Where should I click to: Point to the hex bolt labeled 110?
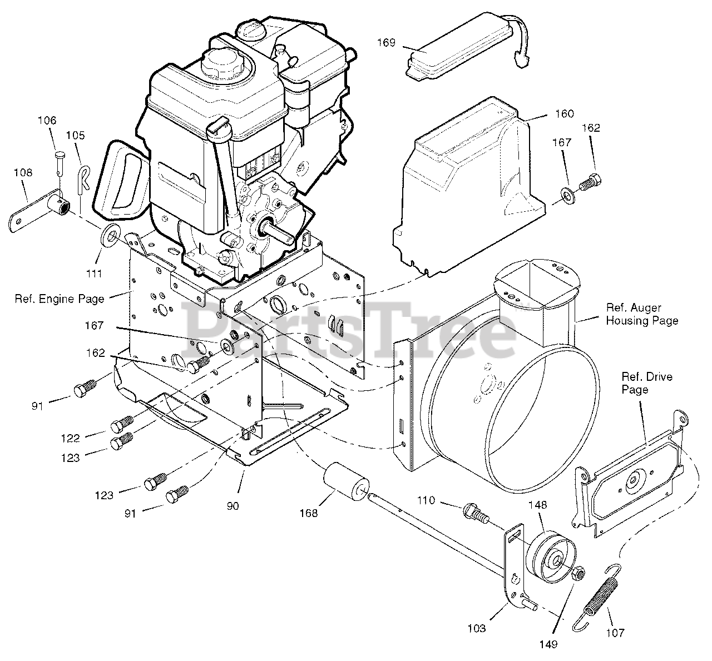[x=474, y=512]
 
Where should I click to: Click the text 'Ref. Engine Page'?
[x=60, y=299]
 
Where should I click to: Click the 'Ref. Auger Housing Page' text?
[x=642, y=314]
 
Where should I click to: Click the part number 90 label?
[x=233, y=506]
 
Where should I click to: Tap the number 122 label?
[x=71, y=438]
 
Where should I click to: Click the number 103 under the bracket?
[x=476, y=628]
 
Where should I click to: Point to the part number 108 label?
[x=23, y=173]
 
